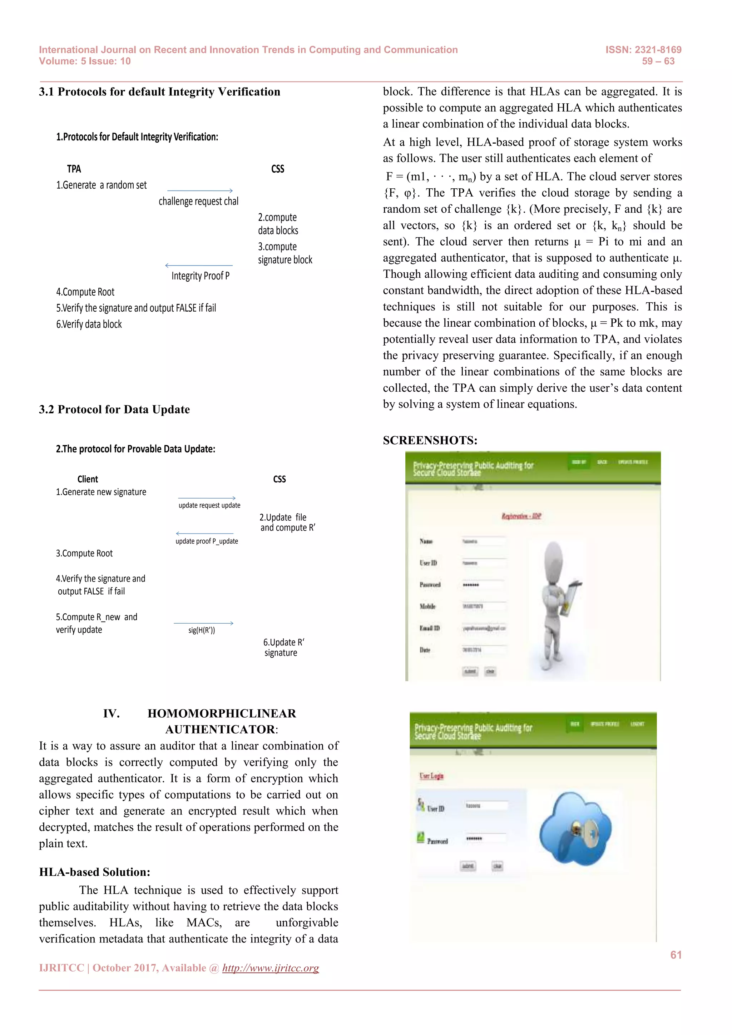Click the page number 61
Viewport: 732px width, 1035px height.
676,954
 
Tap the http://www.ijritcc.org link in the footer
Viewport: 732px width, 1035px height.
271,968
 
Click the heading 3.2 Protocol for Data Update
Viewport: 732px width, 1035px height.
114,409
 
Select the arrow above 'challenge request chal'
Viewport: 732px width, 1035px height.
200,191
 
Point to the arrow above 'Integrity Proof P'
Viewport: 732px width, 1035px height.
199,266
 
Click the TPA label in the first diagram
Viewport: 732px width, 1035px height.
74,169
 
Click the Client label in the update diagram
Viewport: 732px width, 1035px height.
88,479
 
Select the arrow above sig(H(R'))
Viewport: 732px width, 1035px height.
203,623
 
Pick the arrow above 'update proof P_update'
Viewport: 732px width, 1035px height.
205,534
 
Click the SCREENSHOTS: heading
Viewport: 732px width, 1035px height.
430,440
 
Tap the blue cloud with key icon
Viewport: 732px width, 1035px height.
575,828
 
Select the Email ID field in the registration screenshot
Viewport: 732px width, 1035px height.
484,628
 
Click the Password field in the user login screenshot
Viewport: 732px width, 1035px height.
485,838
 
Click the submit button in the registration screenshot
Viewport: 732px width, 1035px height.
470,671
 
